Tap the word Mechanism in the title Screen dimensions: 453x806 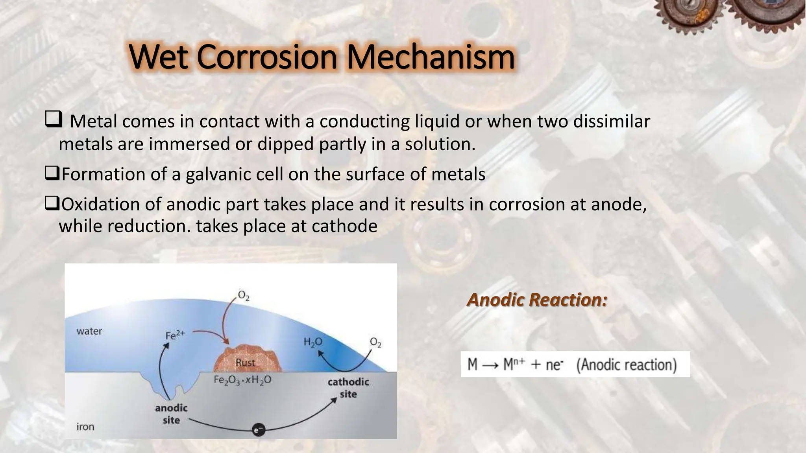(431, 57)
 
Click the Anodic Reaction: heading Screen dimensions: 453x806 (537, 300)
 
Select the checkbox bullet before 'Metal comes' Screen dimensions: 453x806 (53, 119)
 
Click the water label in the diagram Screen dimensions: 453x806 (89, 331)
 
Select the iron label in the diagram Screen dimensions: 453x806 (85, 427)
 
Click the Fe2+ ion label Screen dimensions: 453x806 (175, 335)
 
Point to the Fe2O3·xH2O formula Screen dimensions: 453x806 (242, 380)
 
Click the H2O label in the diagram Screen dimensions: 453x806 (312, 342)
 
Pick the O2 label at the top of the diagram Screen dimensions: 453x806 (244, 296)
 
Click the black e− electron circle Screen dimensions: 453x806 (258, 430)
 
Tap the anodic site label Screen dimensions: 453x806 (171, 414)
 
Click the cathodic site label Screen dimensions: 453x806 (348, 388)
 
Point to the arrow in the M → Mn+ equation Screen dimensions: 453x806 (490, 365)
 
